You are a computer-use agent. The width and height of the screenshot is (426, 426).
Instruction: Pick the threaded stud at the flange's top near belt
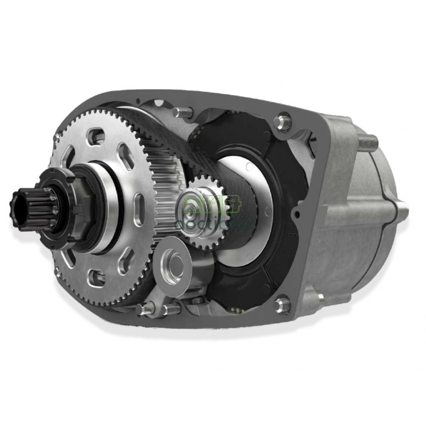click(181, 112)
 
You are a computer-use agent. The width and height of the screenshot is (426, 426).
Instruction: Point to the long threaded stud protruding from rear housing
click(367, 142)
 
